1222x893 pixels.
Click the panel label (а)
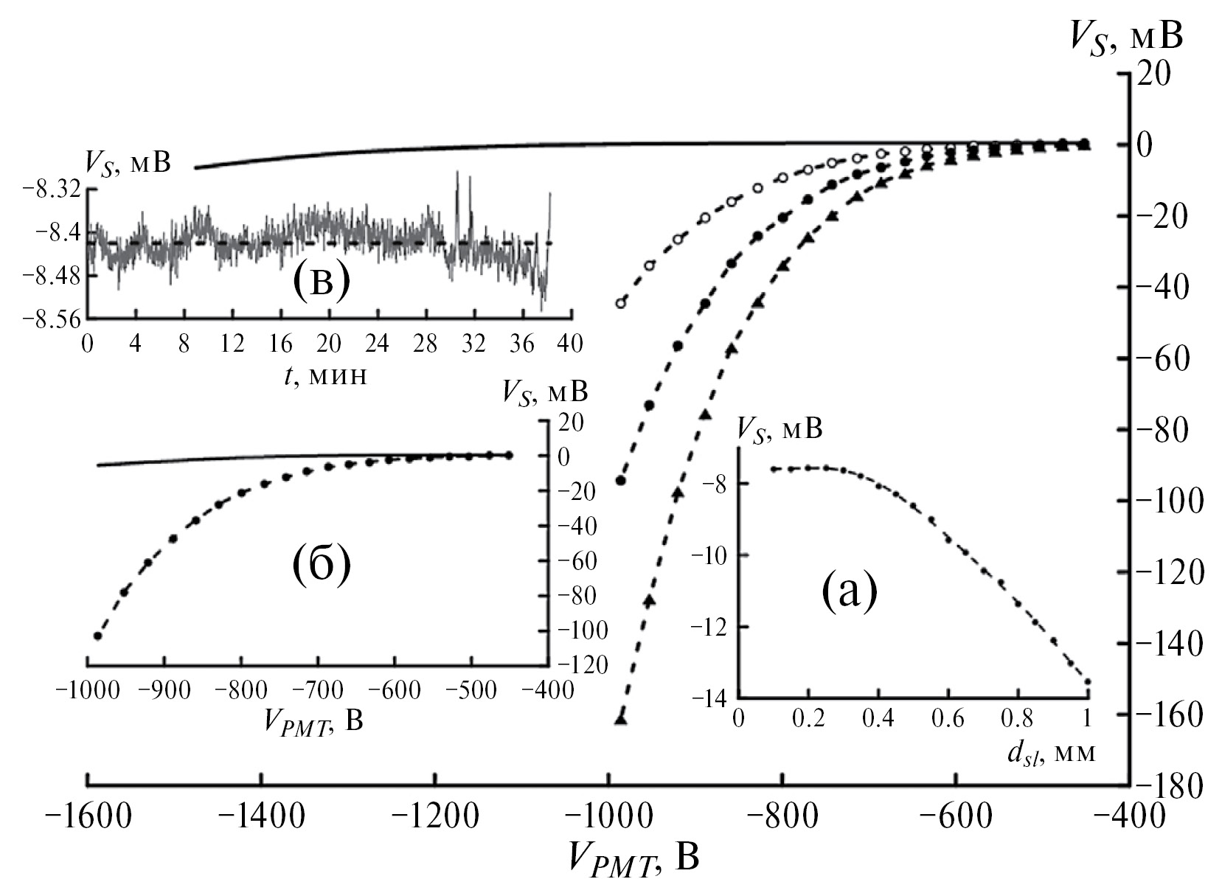[x=849, y=592]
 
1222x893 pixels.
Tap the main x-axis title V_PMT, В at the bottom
[x=632, y=858]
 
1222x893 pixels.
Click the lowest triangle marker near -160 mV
[x=621, y=718]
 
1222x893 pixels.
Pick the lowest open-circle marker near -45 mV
[x=621, y=303]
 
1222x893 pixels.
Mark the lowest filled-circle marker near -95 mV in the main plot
[x=621, y=481]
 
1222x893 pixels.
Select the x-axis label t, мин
[x=330, y=375]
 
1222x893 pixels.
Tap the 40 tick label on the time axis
[x=570, y=343]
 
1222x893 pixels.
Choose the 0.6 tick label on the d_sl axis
[x=948, y=718]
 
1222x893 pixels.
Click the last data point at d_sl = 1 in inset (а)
[x=1087, y=682]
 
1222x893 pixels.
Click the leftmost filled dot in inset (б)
[x=97, y=636]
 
